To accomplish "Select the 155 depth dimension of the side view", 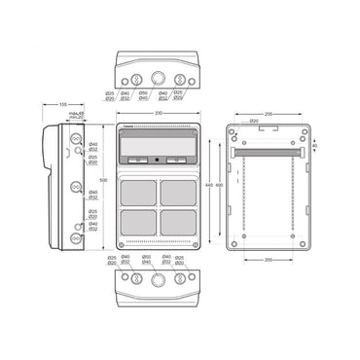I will pyautogui.click(x=62, y=105).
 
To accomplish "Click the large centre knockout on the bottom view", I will pyautogui.click(x=157, y=280).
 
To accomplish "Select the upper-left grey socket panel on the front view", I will pyautogui.click(x=138, y=191).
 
